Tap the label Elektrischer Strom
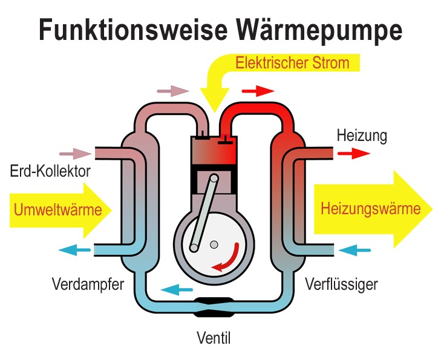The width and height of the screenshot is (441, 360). tap(292, 63)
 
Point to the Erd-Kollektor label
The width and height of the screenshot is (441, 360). tap(50, 171)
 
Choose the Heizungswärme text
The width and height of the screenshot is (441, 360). tap(370, 209)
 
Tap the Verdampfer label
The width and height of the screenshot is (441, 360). tap(88, 283)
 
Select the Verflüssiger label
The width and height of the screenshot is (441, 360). tap(341, 283)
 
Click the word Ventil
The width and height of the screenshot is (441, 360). tap(214, 337)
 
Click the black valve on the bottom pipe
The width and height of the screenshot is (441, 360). tap(214, 307)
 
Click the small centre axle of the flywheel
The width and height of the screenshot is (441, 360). tap(214, 244)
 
